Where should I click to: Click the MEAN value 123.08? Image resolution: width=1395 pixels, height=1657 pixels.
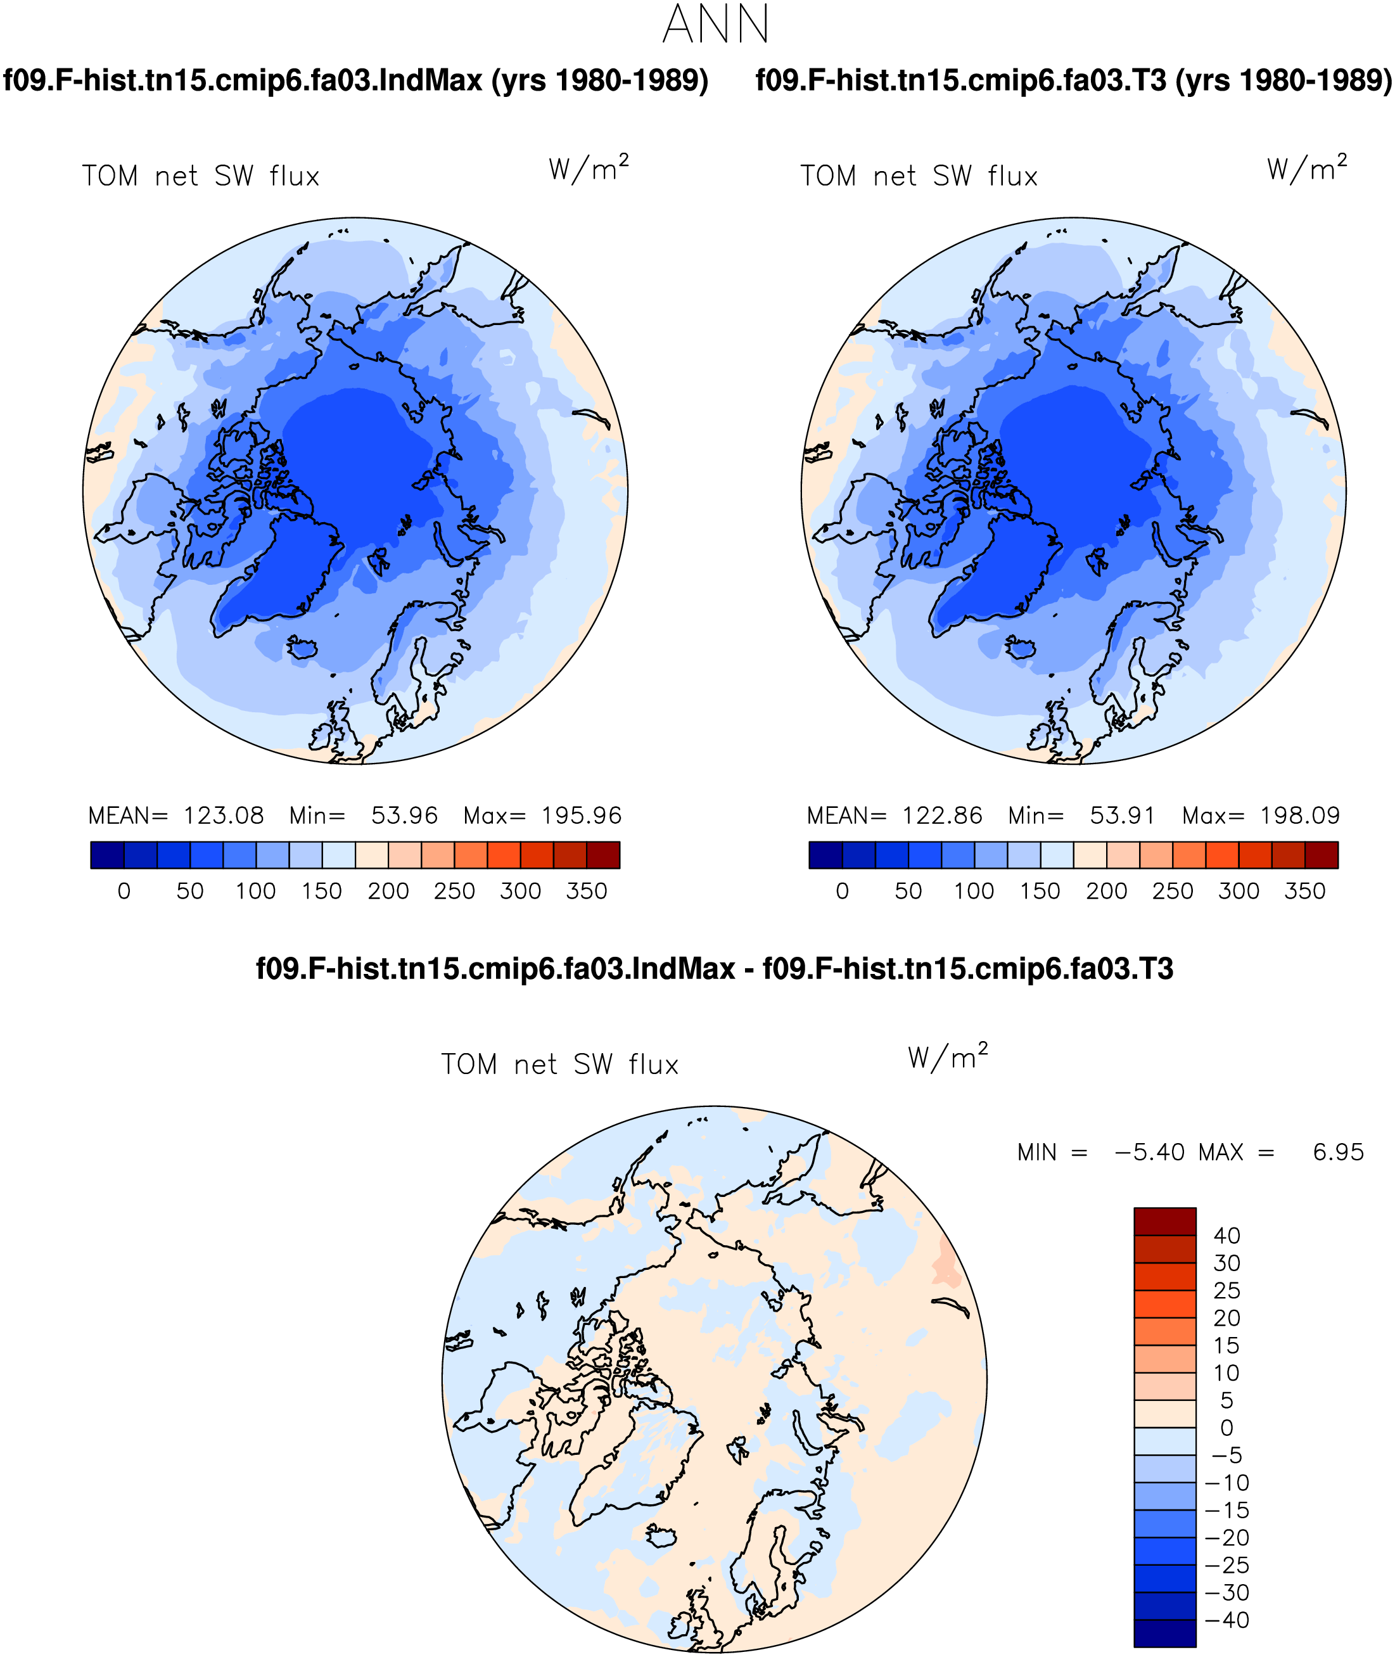[224, 816]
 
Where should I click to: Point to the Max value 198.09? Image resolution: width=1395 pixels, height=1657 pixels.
[1300, 816]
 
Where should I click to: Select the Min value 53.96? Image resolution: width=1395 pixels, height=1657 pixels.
[404, 816]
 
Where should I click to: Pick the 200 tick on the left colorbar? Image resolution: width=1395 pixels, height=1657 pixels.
[388, 892]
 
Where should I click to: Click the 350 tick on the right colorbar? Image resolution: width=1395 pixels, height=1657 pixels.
[1305, 892]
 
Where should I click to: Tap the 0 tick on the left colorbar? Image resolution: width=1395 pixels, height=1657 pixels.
[124, 892]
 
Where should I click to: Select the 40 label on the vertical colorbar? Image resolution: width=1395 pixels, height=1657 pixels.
[1226, 1236]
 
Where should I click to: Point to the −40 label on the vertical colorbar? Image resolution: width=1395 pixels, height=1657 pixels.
[1226, 1620]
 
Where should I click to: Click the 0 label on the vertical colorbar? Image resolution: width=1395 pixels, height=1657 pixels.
[1226, 1428]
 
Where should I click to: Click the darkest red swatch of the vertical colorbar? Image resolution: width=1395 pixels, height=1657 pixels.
[1165, 1221]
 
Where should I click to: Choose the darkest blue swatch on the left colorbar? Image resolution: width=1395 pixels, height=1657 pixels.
[108, 855]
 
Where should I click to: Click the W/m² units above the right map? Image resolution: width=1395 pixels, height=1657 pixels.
[1306, 168]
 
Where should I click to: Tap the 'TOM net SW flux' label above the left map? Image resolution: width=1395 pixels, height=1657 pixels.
[201, 176]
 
